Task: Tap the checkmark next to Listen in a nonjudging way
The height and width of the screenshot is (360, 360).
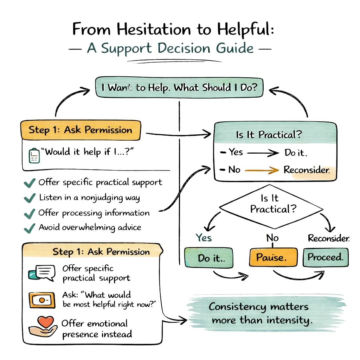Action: (x=30, y=198)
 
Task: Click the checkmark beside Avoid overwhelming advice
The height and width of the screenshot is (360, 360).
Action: (x=30, y=228)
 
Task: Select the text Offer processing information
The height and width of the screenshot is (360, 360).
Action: (x=94, y=213)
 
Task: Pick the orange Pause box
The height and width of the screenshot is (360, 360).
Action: (x=273, y=258)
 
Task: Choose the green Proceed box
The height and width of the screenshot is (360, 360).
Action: (x=325, y=257)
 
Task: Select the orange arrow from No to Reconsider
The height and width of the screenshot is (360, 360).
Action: (x=262, y=170)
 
